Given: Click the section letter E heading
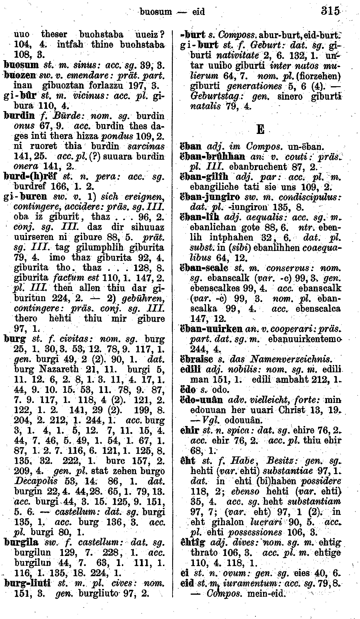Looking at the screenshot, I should coord(260,129).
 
